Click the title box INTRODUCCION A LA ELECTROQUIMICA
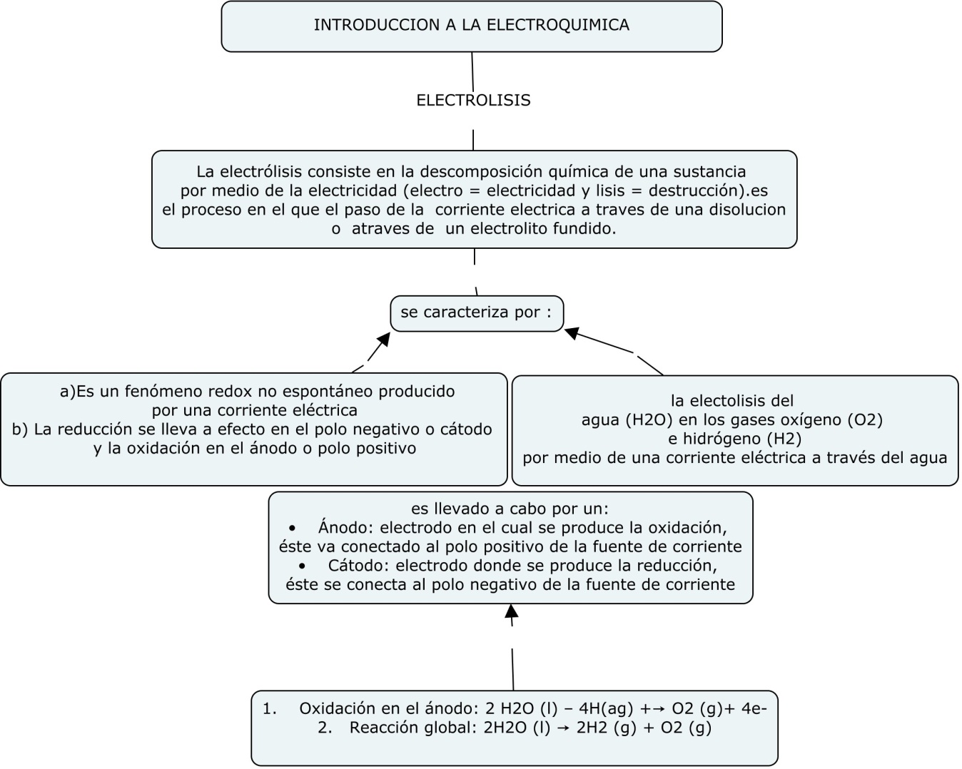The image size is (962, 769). [x=472, y=26]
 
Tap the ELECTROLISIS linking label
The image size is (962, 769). [x=473, y=101]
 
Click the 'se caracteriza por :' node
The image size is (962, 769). [x=476, y=312]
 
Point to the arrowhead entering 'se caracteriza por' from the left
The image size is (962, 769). [x=383, y=339]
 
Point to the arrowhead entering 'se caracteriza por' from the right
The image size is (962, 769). [x=573, y=332]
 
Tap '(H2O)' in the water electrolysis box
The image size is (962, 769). [x=644, y=420]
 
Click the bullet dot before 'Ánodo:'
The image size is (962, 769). [x=293, y=529]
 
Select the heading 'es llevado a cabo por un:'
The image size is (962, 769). [x=510, y=509]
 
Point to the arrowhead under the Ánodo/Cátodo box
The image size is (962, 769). [x=511, y=611]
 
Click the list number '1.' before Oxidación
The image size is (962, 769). [x=269, y=709]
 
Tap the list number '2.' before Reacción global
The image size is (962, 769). [x=325, y=728]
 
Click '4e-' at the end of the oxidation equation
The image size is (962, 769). [x=754, y=709]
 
